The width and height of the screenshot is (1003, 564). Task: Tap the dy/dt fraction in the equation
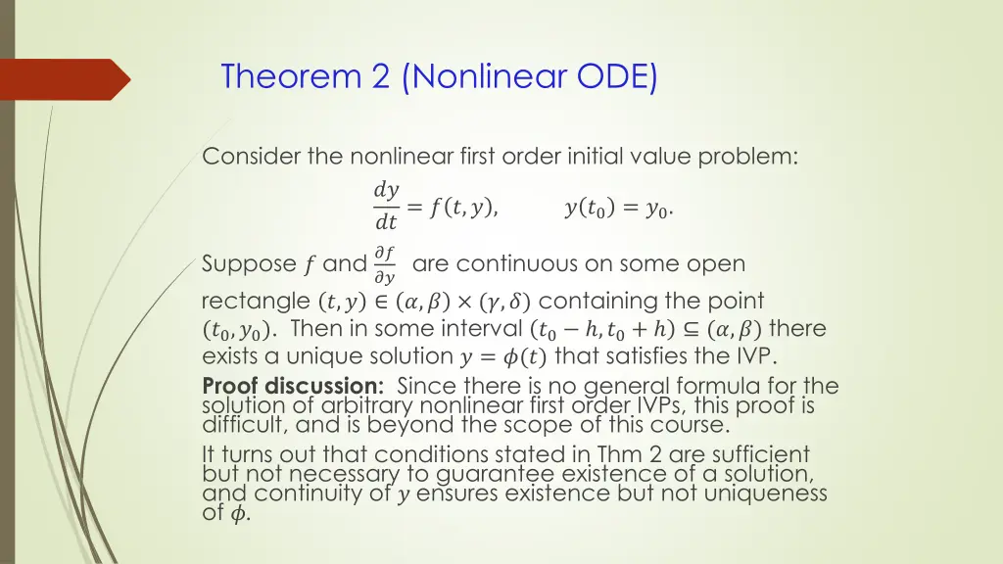click(386, 206)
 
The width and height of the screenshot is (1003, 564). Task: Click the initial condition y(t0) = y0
click(618, 207)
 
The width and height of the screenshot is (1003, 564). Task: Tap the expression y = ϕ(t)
click(501, 355)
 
